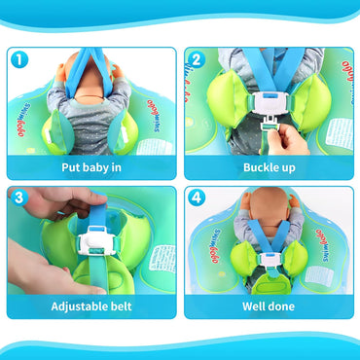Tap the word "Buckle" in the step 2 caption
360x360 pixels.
(x=254, y=166)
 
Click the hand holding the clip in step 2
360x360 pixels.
(x=292, y=138)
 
